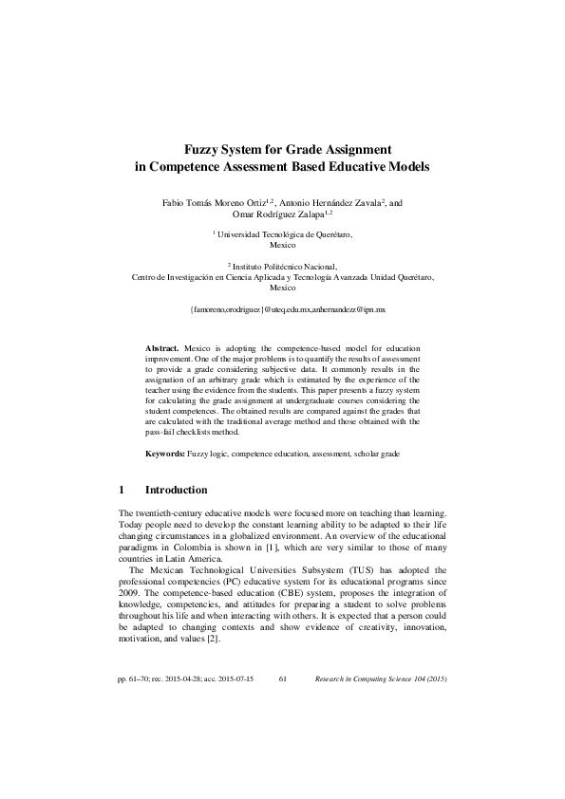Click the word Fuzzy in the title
(x=202, y=149)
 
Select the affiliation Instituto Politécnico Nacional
(x=282, y=268)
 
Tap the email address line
(x=282, y=309)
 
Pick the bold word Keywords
(x=165, y=455)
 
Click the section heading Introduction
(x=176, y=491)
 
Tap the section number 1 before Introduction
(x=122, y=491)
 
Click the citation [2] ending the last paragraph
(x=216, y=639)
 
